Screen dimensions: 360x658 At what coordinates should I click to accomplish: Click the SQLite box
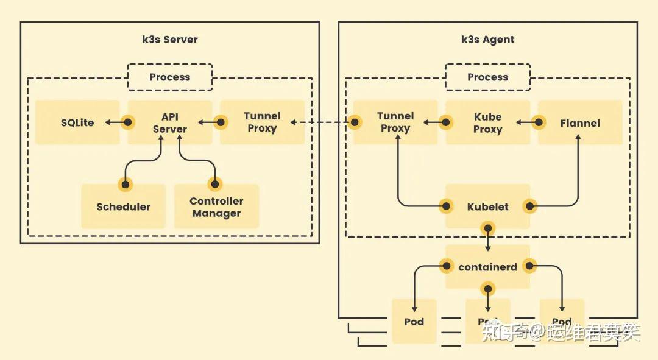click(x=77, y=122)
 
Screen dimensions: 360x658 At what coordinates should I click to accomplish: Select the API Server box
click(x=170, y=122)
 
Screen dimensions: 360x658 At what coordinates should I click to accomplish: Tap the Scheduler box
click(x=123, y=206)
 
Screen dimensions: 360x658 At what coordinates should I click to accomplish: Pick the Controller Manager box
click(x=216, y=207)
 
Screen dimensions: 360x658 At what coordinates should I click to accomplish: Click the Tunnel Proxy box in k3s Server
click(x=262, y=122)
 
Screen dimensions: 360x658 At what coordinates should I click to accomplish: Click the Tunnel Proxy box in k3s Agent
click(x=395, y=122)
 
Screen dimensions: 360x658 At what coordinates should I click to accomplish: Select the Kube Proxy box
click(x=487, y=122)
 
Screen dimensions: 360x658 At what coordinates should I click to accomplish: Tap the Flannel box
click(x=580, y=123)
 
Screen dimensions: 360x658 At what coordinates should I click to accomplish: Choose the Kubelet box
click(x=487, y=206)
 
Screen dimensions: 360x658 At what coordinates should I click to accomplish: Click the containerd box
click(x=487, y=267)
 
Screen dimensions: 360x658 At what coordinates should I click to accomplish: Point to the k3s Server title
click(x=170, y=40)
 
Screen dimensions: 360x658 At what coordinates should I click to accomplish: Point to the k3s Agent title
click(x=487, y=40)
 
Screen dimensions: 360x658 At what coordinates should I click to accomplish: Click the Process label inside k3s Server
click(x=170, y=77)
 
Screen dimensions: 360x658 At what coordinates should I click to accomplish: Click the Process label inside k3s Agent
click(x=487, y=77)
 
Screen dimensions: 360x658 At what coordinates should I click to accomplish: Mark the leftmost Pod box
click(x=414, y=321)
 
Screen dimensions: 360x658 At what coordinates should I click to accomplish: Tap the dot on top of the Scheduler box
click(x=125, y=183)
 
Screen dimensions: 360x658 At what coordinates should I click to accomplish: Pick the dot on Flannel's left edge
click(x=539, y=122)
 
